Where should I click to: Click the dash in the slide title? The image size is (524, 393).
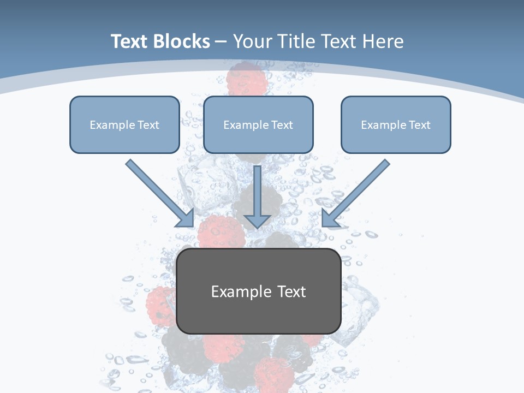(x=221, y=42)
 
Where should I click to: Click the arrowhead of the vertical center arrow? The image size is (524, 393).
(x=258, y=221)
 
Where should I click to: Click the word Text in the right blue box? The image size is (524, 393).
(x=419, y=125)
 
